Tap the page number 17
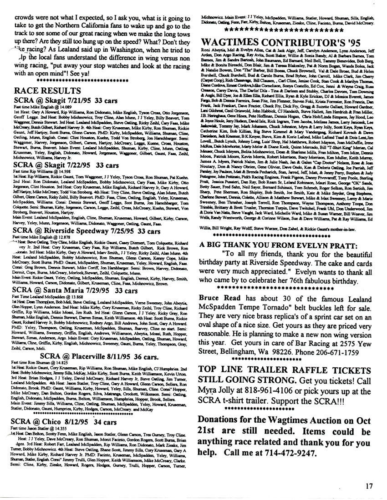369,485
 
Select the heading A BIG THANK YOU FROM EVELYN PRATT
274,243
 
